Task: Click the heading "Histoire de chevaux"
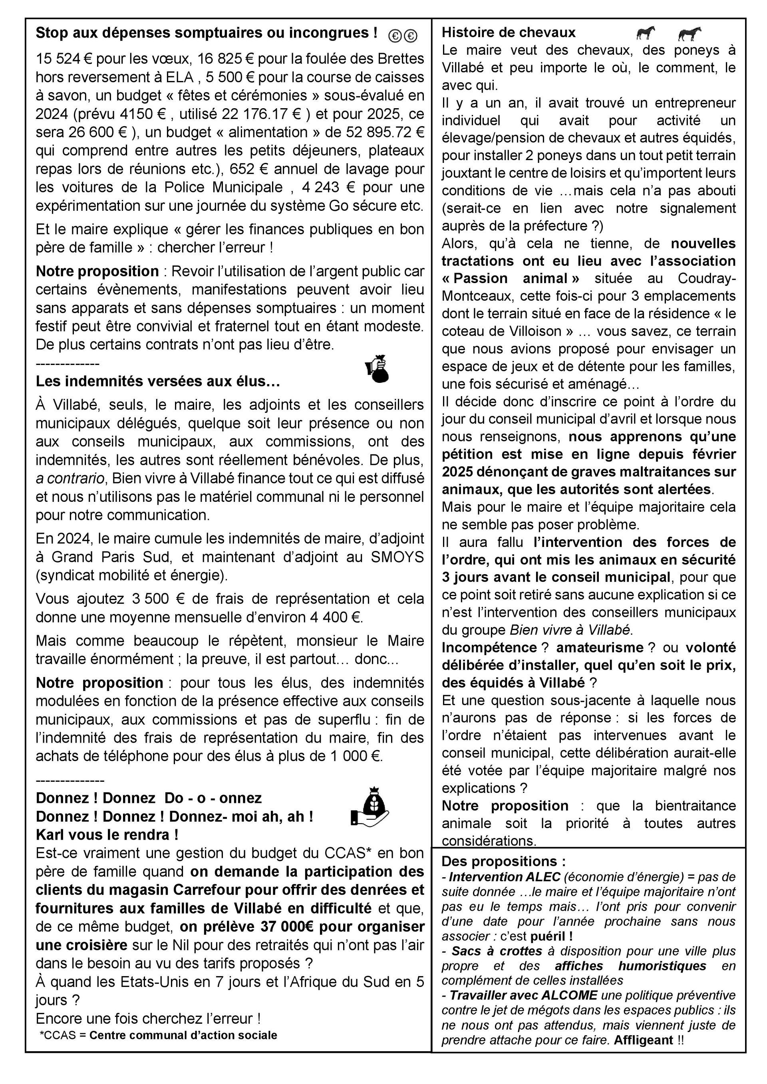[x=508, y=33]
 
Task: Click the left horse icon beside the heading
[x=646, y=33]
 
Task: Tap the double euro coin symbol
[x=403, y=36]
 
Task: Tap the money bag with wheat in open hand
[x=370, y=810]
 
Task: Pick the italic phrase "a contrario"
[x=70, y=479]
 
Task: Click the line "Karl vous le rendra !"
[x=107, y=835]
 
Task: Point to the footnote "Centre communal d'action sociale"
[x=183, y=1035]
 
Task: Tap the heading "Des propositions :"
[x=503, y=861]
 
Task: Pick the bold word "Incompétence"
[x=489, y=648]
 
